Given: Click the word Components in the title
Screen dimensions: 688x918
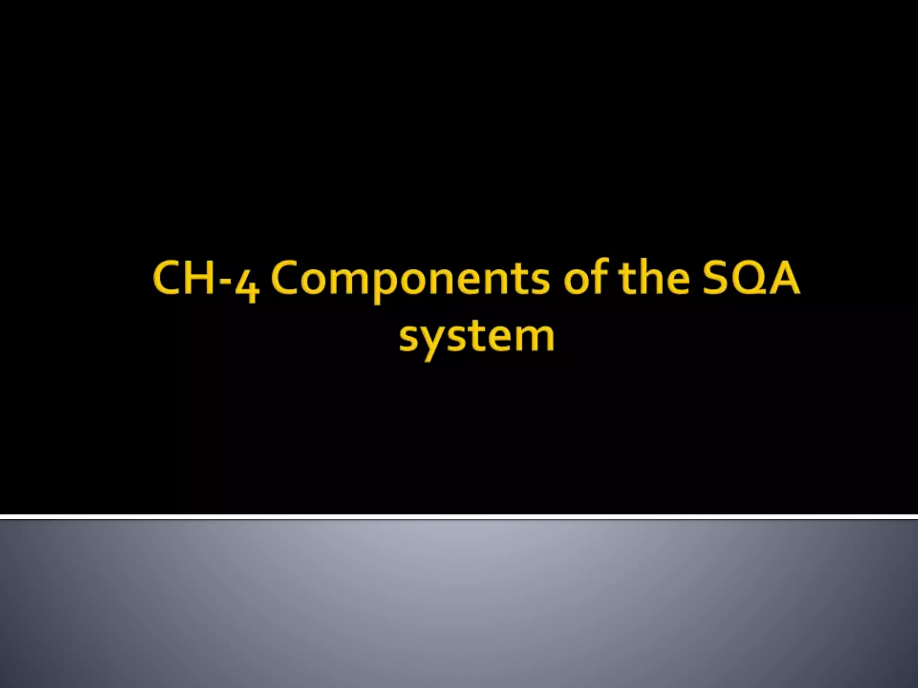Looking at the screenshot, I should click(410, 279).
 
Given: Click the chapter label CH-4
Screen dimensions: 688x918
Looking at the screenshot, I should click(206, 279).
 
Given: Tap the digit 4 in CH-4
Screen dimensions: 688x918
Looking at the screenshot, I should click(248, 285).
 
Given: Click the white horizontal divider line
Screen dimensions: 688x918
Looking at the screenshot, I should click(459, 517).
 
